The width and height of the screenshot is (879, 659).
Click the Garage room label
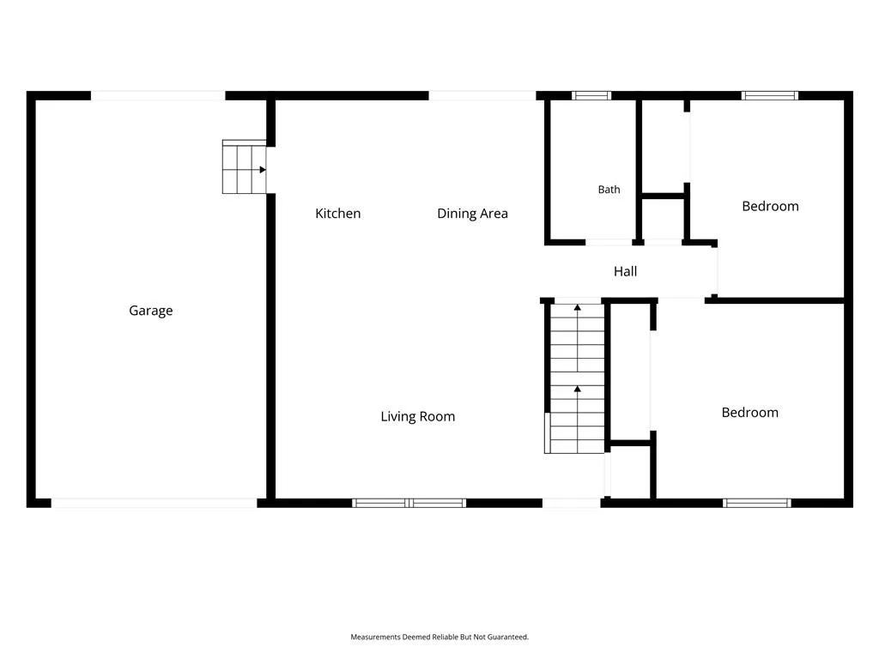[x=151, y=311]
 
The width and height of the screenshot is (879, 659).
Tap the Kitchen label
[x=338, y=214]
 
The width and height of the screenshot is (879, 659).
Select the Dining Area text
[x=473, y=214]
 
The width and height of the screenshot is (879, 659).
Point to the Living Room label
[x=418, y=416]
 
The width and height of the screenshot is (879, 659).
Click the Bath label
[x=609, y=190]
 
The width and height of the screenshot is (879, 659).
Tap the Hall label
[x=625, y=272]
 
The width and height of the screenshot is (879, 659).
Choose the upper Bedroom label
[x=770, y=206]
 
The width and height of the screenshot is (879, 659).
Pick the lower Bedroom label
[x=750, y=413]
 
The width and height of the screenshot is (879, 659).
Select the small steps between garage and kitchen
[x=245, y=167]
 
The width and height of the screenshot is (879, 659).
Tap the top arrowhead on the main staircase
[x=578, y=307]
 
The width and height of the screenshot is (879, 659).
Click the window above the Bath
[x=591, y=96]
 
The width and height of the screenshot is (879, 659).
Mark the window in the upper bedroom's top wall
[x=770, y=96]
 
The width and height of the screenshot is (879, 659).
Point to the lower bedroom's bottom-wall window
[x=757, y=503]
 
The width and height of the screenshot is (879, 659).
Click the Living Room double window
[x=409, y=503]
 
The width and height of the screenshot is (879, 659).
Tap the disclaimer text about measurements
[x=439, y=637]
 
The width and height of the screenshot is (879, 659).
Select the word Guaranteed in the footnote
[x=508, y=637]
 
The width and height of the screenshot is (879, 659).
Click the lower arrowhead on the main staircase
[x=578, y=389]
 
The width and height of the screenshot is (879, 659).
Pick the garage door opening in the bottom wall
[x=155, y=503]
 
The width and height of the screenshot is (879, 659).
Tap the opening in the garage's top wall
[x=158, y=96]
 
